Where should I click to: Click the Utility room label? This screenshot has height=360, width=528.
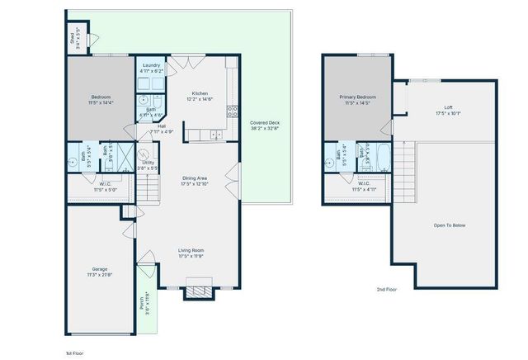coord(148,163)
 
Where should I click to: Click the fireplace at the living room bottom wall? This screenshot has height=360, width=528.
coord(200,290)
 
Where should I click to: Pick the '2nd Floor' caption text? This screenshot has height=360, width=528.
coord(387,289)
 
